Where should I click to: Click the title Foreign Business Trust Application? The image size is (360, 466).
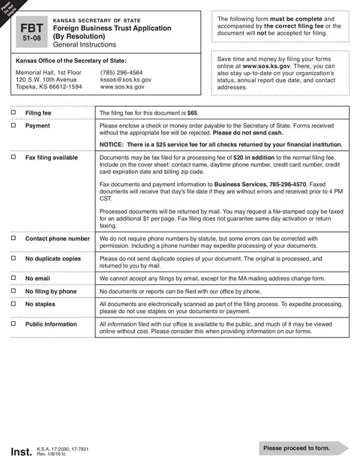pyautogui.click(x=106, y=28)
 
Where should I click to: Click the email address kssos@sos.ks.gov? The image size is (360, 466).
pyautogui.click(x=125, y=80)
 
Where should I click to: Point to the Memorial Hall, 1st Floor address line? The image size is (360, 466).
pyautogui.click(x=49, y=73)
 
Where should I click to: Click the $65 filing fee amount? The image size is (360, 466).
pyautogui.click(x=192, y=112)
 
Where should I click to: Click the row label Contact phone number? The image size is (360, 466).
pyautogui.click(x=57, y=239)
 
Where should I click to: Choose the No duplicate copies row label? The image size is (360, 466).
pyautogui.click(x=52, y=258)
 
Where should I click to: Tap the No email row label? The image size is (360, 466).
pyautogui.click(x=38, y=278)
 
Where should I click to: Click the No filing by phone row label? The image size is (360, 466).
pyautogui.click(x=51, y=290)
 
